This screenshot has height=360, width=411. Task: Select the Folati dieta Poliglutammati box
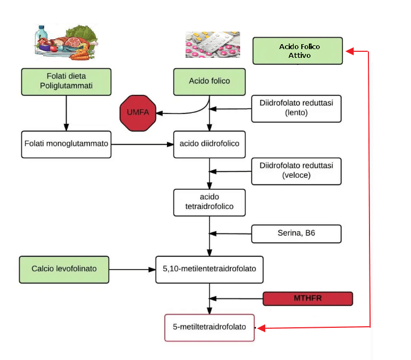(x=66, y=81)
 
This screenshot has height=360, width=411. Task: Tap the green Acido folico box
(x=210, y=81)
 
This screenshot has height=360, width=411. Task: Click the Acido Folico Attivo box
(x=297, y=51)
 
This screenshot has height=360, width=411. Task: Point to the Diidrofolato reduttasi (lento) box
(x=296, y=108)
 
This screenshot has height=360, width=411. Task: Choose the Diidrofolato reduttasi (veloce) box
(x=296, y=170)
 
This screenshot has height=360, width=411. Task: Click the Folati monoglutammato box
(x=66, y=144)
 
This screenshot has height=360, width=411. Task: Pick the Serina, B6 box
(x=296, y=234)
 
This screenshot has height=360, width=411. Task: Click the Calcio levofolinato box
(x=64, y=269)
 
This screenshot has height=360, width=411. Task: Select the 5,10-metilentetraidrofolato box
(x=210, y=269)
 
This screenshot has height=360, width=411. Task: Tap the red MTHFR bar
(x=308, y=298)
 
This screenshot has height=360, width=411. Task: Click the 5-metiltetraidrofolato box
(x=210, y=327)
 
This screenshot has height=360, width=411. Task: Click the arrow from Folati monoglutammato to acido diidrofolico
(x=142, y=144)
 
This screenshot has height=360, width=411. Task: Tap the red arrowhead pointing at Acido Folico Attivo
(x=350, y=51)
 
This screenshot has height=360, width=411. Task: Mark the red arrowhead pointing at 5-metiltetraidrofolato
(x=261, y=328)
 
